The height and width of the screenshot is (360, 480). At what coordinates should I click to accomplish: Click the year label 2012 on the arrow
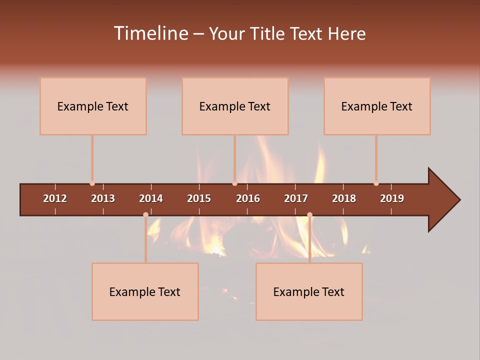pos(55,198)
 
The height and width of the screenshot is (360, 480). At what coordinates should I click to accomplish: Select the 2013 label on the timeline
pos(103,198)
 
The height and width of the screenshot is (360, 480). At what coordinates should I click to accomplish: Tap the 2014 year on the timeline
pos(151,198)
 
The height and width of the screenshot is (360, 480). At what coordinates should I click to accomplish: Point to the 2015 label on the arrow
pos(199,198)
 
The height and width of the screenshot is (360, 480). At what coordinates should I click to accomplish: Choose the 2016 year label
pos(248,198)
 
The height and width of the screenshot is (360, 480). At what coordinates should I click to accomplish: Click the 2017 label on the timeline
pos(296,198)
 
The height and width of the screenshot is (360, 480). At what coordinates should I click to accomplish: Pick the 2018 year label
pos(344,198)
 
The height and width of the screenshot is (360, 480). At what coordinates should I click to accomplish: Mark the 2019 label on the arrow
pos(392,198)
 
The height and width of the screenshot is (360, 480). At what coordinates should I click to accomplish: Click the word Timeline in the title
pos(150,33)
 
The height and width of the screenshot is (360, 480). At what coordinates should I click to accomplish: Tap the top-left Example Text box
pos(93,106)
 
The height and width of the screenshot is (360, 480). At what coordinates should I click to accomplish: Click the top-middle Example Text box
pos(235,106)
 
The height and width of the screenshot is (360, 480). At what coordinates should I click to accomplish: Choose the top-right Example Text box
pos(377,106)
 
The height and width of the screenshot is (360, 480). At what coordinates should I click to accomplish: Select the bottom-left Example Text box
pos(145,291)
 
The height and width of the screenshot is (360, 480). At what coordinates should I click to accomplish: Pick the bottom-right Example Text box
pos(309,291)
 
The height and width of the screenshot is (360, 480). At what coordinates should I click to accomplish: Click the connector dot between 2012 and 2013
pos(92,183)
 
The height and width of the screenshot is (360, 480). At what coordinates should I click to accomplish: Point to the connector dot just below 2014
pos(145,214)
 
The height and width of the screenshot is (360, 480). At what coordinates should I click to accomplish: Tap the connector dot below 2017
pos(309,214)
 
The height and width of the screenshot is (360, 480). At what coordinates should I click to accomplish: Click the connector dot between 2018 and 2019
pos(376,183)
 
